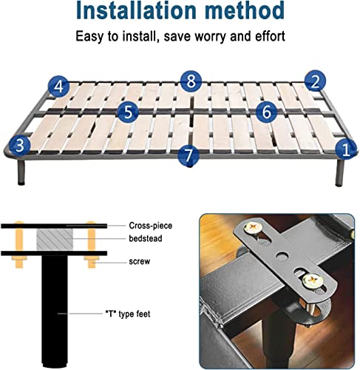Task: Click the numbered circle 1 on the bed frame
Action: tap(344, 149)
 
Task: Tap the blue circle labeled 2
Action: tap(315, 81)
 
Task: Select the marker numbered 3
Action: tap(18, 144)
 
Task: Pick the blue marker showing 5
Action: tap(129, 112)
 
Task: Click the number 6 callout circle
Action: tap(266, 111)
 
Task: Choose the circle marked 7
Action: tap(190, 155)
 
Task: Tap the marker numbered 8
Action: tap(190, 80)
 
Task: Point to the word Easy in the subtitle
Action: tap(90, 36)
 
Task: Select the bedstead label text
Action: tap(146, 239)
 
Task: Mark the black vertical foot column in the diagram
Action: tap(52, 311)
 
